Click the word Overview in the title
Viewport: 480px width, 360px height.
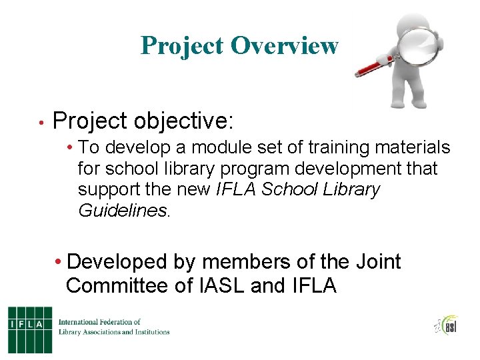(285, 45)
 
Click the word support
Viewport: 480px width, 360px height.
(113, 190)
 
